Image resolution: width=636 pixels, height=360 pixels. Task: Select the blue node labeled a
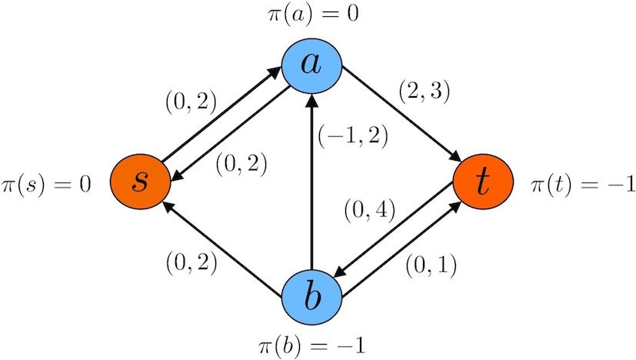tap(311, 65)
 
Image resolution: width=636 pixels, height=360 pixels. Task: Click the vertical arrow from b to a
tap(311, 185)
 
